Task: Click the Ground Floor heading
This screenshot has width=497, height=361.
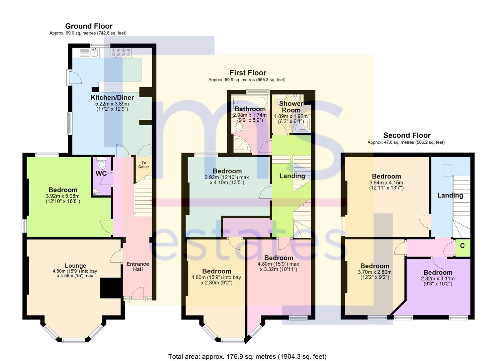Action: [89, 26]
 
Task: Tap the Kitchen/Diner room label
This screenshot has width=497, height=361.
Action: [112, 98]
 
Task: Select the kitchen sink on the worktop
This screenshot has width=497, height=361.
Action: [94, 53]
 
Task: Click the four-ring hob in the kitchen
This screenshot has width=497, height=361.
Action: [121, 53]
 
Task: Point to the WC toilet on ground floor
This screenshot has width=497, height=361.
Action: [102, 163]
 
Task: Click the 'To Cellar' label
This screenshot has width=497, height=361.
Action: [144, 165]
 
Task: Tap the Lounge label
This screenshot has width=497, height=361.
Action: [75, 266]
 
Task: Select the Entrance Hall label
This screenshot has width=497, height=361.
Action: [138, 267]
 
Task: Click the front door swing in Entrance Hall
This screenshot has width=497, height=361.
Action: [138, 293]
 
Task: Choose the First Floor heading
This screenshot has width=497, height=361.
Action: [248, 73]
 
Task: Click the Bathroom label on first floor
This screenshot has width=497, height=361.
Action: [250, 109]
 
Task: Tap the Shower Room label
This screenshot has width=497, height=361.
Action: [291, 107]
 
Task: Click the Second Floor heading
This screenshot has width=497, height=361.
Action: [407, 135]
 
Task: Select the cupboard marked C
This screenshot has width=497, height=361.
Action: [463, 248]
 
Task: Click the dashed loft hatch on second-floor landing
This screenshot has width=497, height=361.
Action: [447, 170]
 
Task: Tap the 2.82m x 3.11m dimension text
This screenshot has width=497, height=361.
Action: [438, 278]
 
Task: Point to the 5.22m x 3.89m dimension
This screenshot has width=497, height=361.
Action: [112, 104]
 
